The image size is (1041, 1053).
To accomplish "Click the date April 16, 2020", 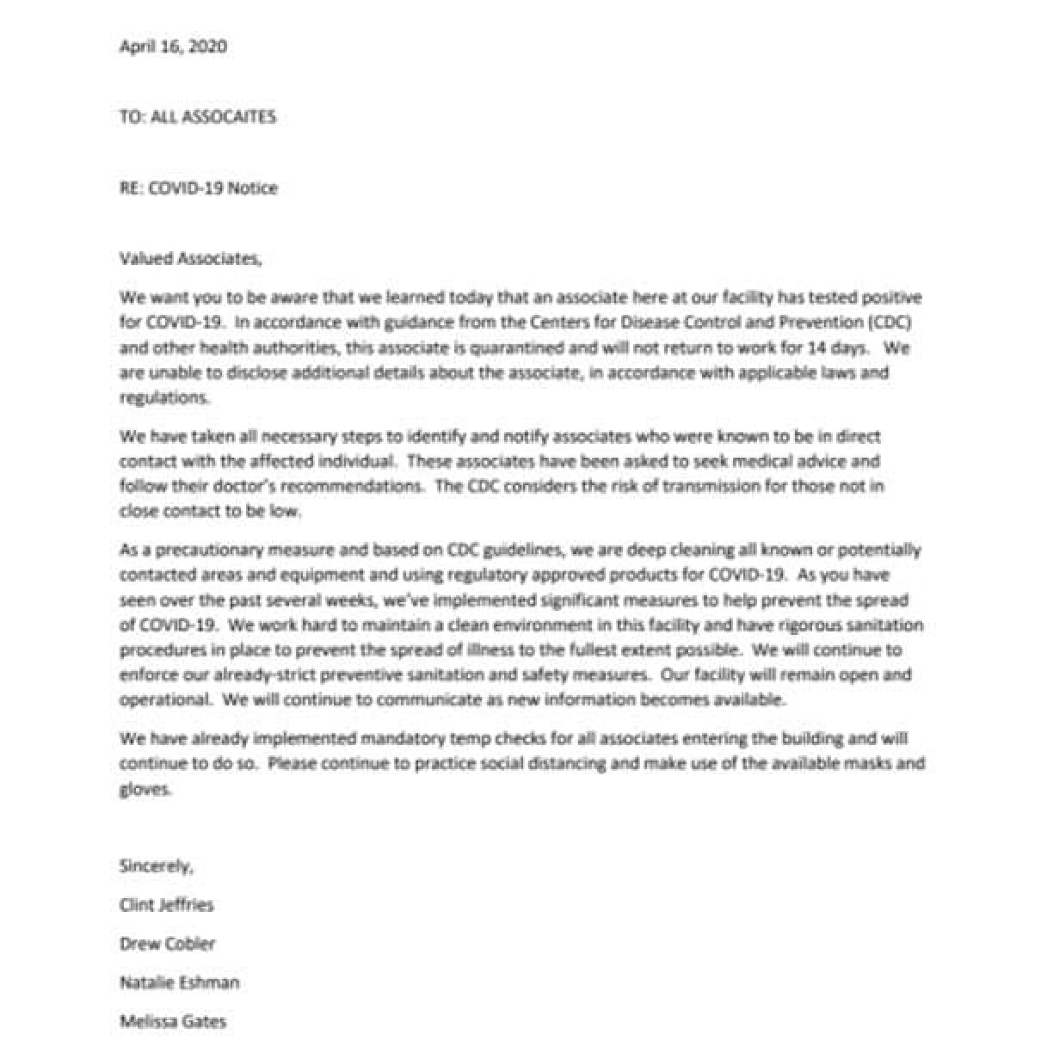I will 173,46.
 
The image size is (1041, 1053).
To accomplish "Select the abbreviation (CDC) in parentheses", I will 896,323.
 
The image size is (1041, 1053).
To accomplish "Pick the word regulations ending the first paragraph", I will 163,399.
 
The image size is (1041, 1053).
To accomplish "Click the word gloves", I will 145,789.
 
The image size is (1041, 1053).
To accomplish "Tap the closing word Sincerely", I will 156,866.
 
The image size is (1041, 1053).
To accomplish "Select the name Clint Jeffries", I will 166,905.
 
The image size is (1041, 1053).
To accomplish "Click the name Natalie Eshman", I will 179,982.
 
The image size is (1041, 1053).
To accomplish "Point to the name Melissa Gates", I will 173,1022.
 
